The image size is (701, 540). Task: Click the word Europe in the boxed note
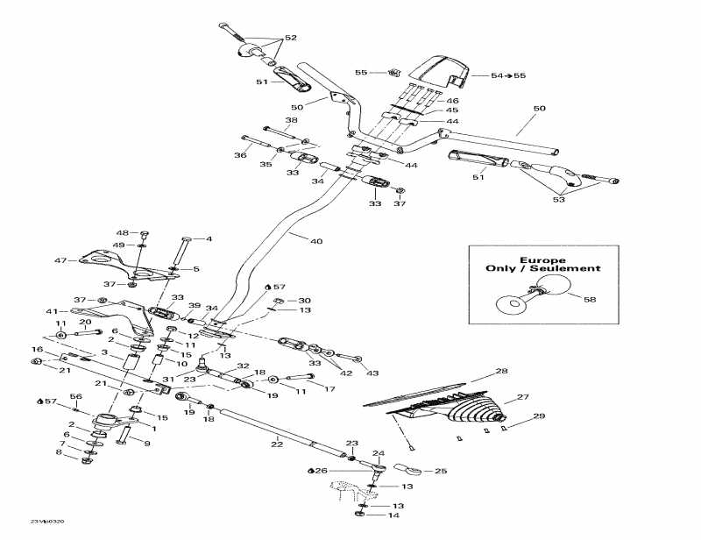click(543, 260)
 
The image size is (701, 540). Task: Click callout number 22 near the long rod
click(278, 444)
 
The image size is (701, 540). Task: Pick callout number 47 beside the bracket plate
click(60, 260)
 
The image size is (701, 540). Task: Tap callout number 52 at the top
click(291, 38)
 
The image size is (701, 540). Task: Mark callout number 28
click(501, 372)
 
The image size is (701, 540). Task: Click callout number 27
click(523, 397)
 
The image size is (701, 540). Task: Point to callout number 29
click(540, 416)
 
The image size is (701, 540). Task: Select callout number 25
click(441, 471)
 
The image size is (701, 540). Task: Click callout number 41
click(51, 311)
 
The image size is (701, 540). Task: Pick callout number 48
click(122, 232)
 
